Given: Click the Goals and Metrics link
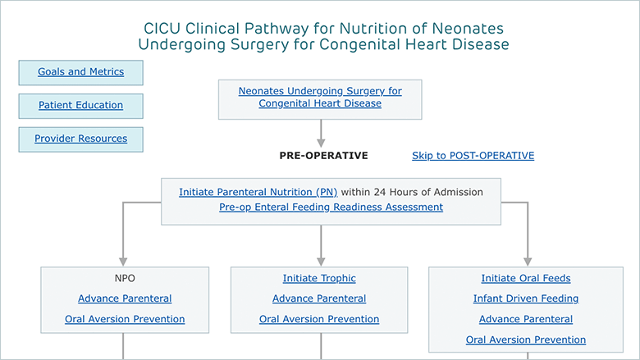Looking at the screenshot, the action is [80, 72].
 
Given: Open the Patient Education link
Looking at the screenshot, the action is [80, 105].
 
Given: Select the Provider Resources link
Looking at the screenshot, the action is [80, 139].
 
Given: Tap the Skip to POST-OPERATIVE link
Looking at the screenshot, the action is [473, 156].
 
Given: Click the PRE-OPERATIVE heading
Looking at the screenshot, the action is [323, 156].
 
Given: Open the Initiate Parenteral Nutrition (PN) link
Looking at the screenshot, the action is [258, 192].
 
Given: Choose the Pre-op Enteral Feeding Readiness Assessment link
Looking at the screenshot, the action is [331, 207].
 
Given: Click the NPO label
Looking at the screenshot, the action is [125, 278].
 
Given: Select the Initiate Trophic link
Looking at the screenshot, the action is [319, 278].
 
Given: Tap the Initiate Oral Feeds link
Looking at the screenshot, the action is [526, 278].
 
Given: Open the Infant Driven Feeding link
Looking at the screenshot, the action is [526, 298].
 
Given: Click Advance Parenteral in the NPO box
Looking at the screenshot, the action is [125, 298].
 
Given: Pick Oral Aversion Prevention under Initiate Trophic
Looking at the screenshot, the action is [319, 319].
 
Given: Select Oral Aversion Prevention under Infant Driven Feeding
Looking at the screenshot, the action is [526, 339].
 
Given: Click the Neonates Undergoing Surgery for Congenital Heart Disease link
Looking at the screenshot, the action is [320, 97].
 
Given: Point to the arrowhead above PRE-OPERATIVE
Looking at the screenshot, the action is [321, 144].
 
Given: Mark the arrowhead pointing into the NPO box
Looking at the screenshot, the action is [123, 262].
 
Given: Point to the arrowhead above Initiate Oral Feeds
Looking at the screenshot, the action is [528, 262].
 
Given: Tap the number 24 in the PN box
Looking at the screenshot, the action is [380, 192].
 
